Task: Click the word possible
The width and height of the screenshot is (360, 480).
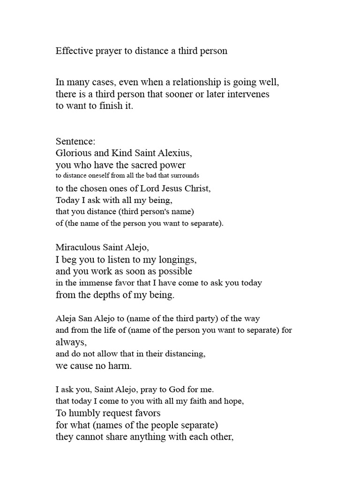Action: coord(176,271)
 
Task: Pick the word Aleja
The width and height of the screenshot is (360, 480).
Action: coord(66,319)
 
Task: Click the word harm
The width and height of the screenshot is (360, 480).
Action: coord(120,366)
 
